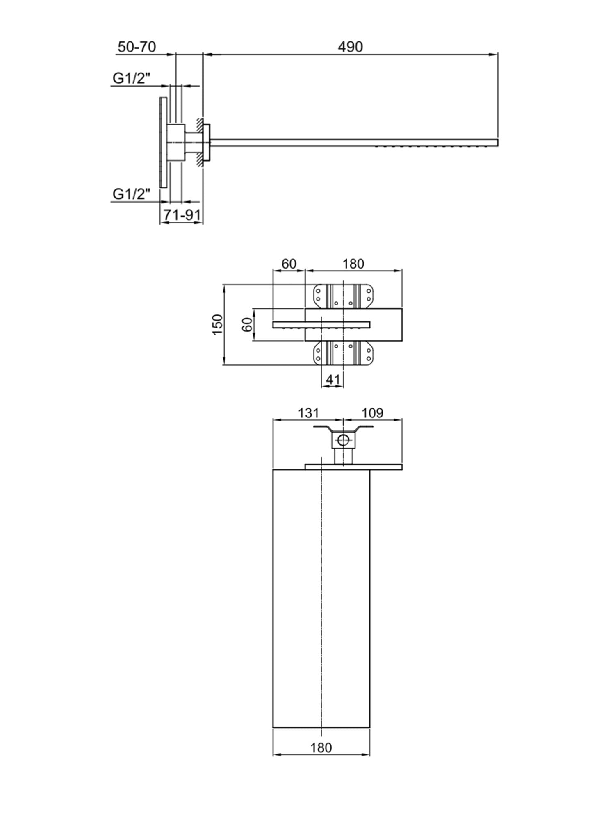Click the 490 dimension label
(x=350, y=47)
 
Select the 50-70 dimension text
(x=137, y=47)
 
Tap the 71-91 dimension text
(x=182, y=215)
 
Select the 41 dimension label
(x=333, y=379)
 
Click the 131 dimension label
(x=308, y=412)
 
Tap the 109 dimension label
(x=372, y=412)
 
